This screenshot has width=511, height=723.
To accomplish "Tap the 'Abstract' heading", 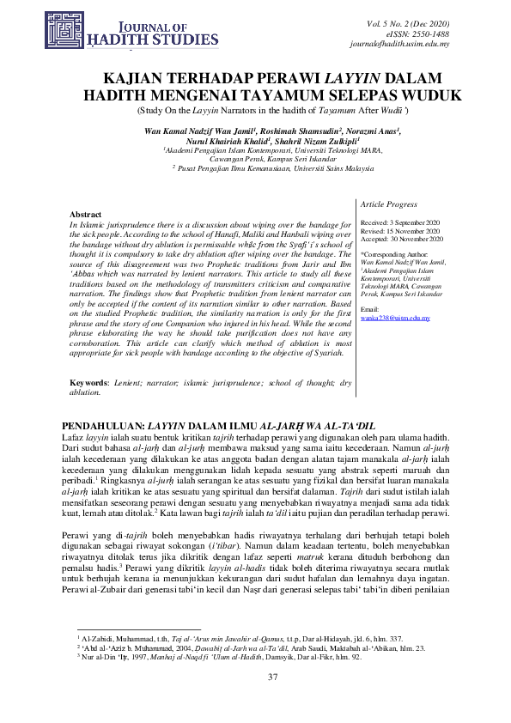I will (85, 214).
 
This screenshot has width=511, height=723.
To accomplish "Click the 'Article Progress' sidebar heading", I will (389, 204).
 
